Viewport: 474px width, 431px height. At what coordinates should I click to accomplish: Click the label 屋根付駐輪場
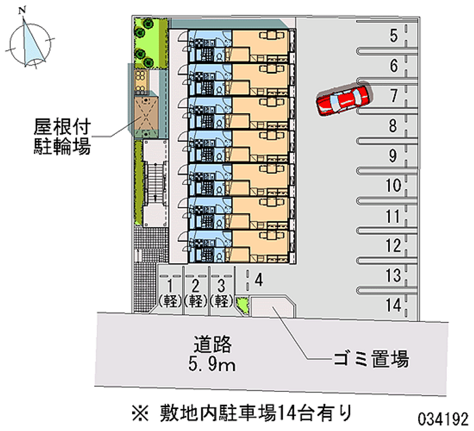(62, 136)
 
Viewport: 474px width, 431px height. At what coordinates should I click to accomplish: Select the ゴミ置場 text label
(371, 359)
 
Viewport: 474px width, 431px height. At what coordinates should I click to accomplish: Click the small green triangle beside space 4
(243, 305)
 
